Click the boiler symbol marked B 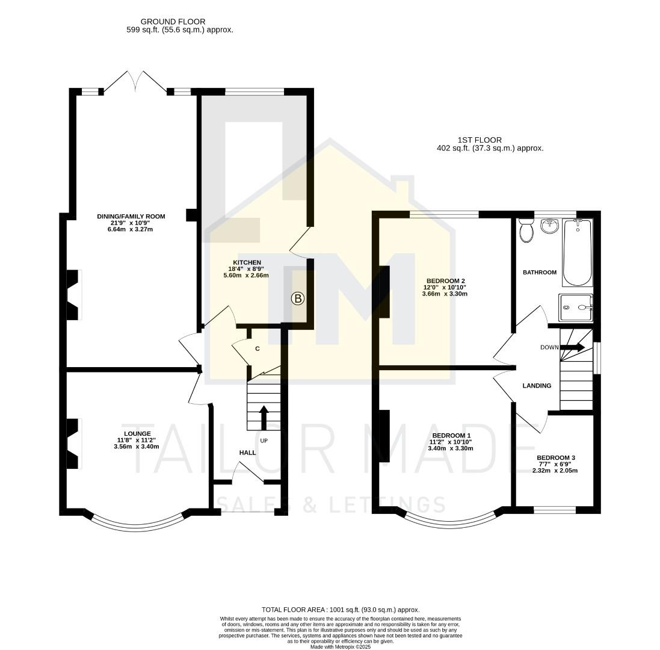(298, 298)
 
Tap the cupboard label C (257, 348)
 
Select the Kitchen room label (247, 262)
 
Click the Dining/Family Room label (131, 216)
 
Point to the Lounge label (137, 433)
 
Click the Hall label (247, 453)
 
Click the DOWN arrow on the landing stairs (572, 347)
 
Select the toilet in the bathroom (526, 231)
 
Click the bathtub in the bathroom (578, 252)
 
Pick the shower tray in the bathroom (576, 308)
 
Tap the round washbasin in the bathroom (549, 226)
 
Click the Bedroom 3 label (555, 458)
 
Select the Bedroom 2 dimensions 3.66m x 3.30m (445, 294)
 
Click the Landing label (537, 386)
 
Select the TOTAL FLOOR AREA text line (340, 610)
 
